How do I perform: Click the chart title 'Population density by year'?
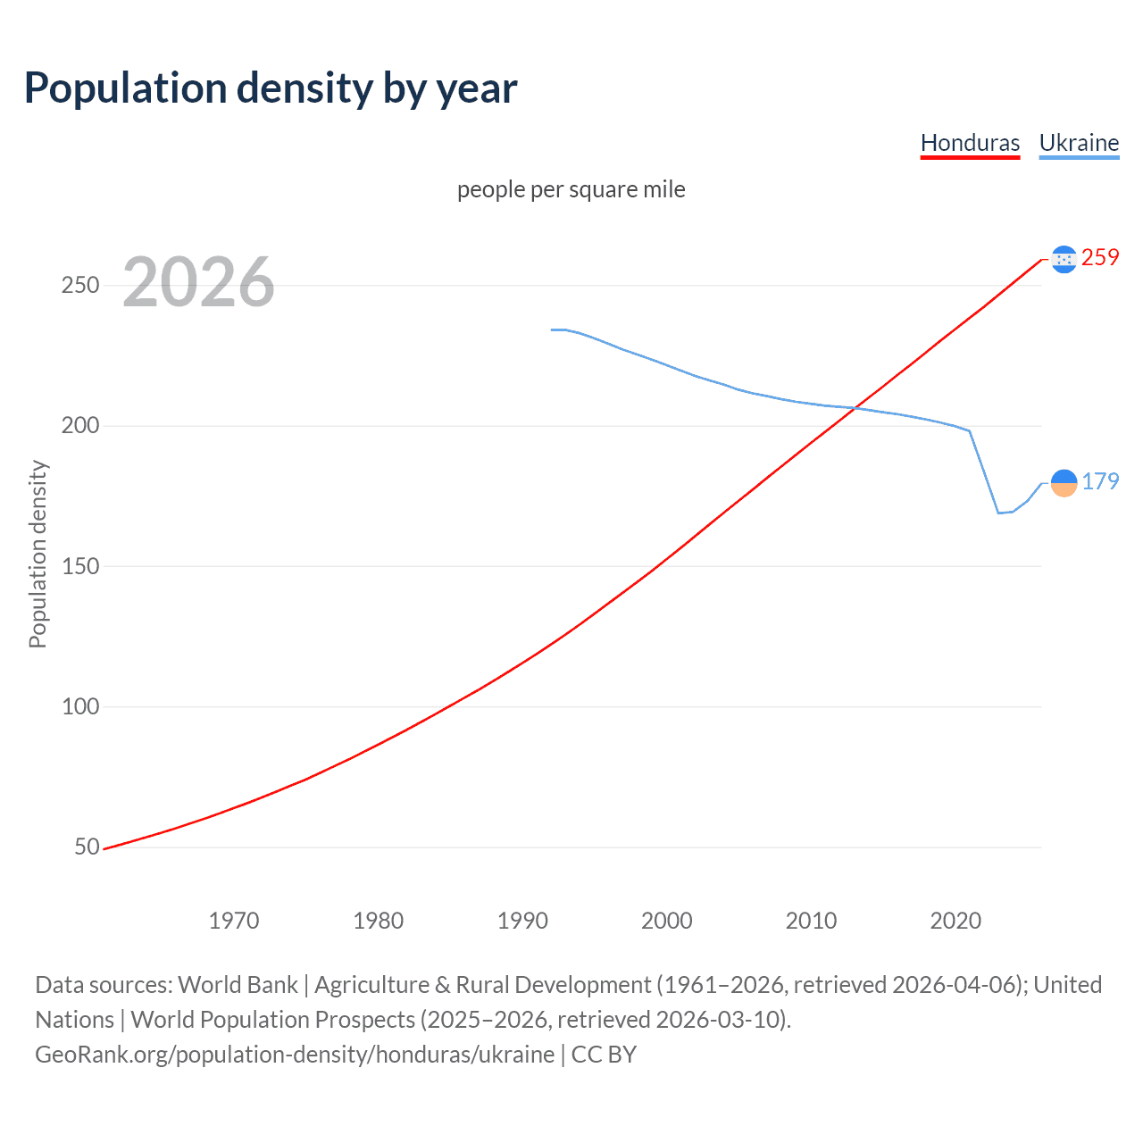point(271,88)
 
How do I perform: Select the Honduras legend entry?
point(970,143)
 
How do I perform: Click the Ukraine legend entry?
point(1079,143)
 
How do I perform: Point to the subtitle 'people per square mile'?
point(571,189)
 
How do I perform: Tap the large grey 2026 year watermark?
point(198,282)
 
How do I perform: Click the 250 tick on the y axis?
point(79,286)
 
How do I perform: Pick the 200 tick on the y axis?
point(79,426)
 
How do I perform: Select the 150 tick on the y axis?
point(79,566)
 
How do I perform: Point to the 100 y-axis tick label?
point(79,706)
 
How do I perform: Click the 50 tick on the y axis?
point(87,847)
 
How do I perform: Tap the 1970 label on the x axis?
point(234,921)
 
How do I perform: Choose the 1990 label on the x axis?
point(522,921)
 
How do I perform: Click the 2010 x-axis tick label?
point(811,921)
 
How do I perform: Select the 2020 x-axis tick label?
point(955,921)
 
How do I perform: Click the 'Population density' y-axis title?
point(38,554)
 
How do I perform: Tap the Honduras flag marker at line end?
point(1064,259)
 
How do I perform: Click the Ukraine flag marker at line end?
point(1064,483)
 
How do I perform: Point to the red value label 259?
point(1100,258)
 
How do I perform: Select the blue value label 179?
point(1100,482)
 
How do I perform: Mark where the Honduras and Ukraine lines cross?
point(855,408)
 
